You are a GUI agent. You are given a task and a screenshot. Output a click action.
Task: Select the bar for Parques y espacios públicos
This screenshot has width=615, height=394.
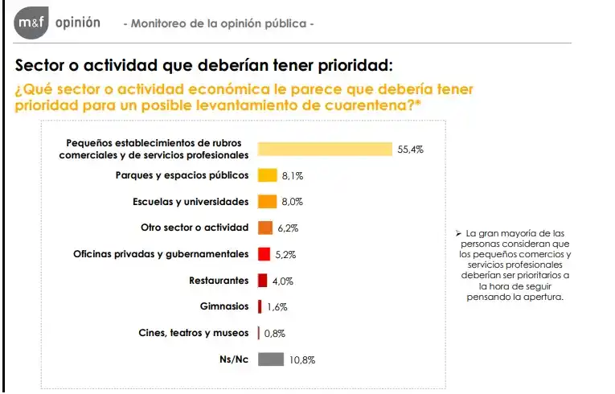pyautogui.click(x=267, y=175)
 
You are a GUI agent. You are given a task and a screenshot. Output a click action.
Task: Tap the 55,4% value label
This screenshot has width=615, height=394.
pyautogui.click(x=410, y=149)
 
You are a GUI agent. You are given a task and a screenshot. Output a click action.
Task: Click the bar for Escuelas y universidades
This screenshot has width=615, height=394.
pyautogui.click(x=267, y=201)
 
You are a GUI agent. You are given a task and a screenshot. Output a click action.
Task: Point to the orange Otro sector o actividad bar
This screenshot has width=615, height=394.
pyautogui.click(x=265, y=228)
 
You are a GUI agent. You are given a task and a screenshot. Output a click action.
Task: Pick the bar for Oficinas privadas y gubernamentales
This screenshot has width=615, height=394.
pyautogui.click(x=263, y=254)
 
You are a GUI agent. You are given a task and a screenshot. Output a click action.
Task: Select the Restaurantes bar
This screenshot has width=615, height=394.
pyautogui.click(x=262, y=281)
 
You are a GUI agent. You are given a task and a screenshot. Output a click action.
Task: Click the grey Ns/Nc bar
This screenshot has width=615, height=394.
pyautogui.click(x=271, y=359)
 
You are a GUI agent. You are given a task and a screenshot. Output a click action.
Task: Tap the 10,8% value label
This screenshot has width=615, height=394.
pyautogui.click(x=302, y=359)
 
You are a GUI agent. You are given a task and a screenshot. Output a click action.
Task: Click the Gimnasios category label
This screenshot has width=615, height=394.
pyautogui.click(x=224, y=306)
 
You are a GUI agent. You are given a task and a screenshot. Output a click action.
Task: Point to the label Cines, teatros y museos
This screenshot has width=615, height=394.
pyautogui.click(x=197, y=333)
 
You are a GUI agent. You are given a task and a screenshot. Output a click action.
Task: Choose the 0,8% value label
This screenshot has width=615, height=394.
pyautogui.click(x=274, y=333)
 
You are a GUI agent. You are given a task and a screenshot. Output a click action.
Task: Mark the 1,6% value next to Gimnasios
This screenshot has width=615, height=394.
pyautogui.click(x=277, y=307)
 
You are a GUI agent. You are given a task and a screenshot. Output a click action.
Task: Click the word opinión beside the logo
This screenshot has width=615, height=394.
pyautogui.click(x=78, y=23)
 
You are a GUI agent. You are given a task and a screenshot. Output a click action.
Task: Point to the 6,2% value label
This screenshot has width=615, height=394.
pyautogui.click(x=288, y=228)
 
